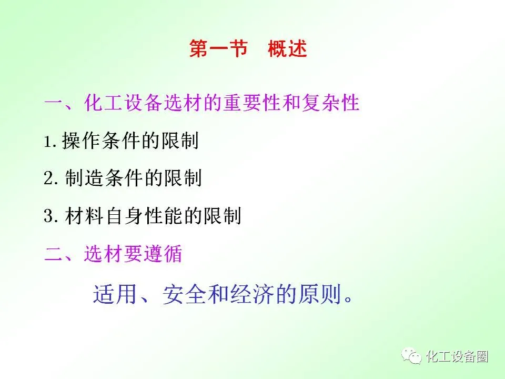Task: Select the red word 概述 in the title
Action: click(x=287, y=49)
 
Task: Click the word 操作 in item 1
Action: click(x=81, y=141)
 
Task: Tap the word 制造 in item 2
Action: click(x=84, y=178)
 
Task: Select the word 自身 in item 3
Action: click(x=124, y=216)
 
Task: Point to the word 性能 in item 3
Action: click(x=164, y=216)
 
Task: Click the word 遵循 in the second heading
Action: click(x=163, y=254)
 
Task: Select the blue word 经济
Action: click(x=252, y=294)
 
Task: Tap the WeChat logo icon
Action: click(x=411, y=356)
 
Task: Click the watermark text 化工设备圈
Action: click(x=457, y=356)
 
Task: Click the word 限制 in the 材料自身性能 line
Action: click(x=222, y=216)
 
